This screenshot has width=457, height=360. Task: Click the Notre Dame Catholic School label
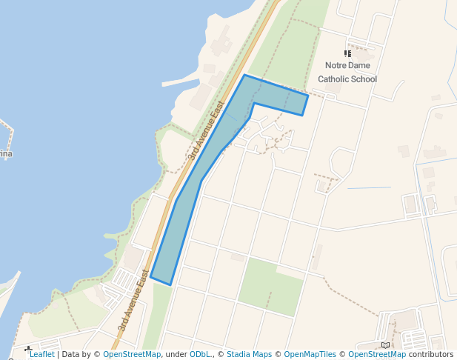(347, 72)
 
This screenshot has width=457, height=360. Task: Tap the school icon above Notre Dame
(347, 53)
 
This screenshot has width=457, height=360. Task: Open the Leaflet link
(41, 355)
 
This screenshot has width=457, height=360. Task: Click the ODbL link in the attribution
(200, 355)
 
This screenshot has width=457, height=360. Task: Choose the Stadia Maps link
(249, 355)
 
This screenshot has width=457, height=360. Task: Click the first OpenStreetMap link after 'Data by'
(132, 355)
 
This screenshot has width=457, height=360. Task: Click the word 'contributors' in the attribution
(430, 355)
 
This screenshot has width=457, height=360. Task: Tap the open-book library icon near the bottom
(385, 345)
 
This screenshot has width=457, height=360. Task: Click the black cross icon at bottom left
(28, 349)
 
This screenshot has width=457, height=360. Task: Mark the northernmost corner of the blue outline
(244, 75)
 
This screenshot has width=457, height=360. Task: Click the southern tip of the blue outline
(170, 284)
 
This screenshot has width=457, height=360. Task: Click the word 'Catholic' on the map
(334, 79)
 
